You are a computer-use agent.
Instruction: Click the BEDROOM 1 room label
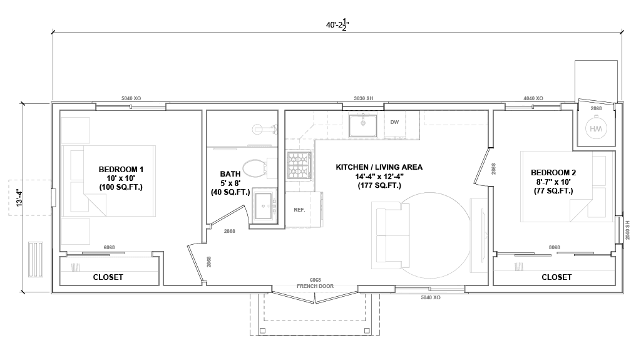point(121,170)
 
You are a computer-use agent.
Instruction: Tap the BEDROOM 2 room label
point(553,173)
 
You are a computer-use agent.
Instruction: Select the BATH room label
point(230,174)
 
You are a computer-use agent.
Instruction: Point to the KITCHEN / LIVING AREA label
point(379,167)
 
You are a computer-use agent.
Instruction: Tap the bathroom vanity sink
point(264,205)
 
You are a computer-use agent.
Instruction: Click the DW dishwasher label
point(394,122)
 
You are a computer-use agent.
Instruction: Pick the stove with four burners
point(300,165)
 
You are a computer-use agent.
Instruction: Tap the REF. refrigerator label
point(299,210)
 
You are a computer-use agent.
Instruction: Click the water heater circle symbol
point(596,128)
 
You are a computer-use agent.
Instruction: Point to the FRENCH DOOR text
point(315,286)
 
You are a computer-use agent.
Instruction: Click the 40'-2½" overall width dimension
point(337,24)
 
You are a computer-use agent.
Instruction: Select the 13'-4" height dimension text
point(19,197)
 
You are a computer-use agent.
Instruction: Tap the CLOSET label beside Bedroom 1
point(108,277)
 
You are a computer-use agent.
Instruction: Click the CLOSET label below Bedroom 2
point(556,277)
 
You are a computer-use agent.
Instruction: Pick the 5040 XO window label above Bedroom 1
point(131,98)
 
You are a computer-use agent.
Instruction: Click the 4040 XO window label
point(533,98)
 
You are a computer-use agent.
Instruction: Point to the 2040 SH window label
point(627,230)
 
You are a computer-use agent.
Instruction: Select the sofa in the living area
point(391,235)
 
